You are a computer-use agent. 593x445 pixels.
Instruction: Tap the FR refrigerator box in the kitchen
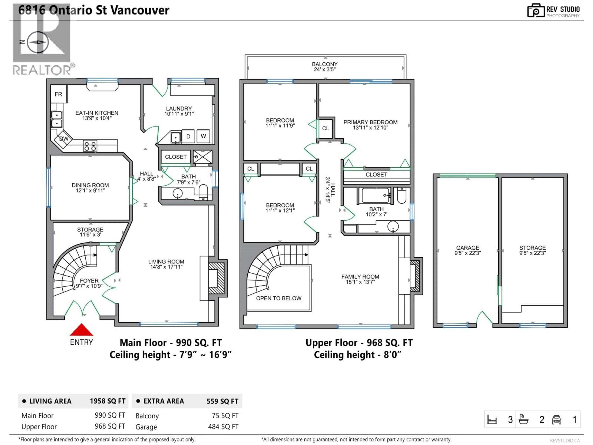click(x=58, y=94)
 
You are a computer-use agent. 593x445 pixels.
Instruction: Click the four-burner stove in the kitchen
click(x=90, y=146)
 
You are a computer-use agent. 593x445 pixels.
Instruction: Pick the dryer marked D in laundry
click(x=188, y=137)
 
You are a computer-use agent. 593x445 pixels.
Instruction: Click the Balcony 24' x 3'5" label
click(x=325, y=67)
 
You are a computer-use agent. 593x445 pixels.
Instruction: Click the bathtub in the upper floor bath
click(x=375, y=195)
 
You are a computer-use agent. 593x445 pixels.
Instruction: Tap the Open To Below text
click(x=279, y=298)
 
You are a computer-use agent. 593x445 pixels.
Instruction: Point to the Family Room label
click(x=360, y=279)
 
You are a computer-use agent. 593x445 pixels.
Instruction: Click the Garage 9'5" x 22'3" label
click(x=468, y=250)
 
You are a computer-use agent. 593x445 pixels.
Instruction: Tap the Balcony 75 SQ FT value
click(x=225, y=415)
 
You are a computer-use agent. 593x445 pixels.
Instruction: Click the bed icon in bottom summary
click(x=492, y=420)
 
